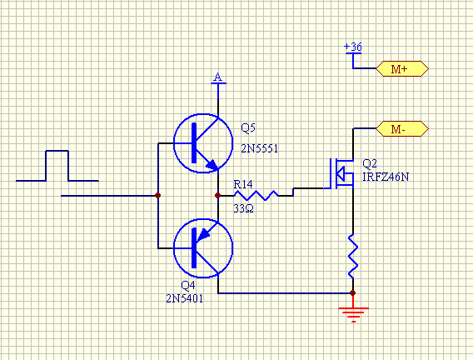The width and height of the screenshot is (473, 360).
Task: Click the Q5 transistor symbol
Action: coord(203,143)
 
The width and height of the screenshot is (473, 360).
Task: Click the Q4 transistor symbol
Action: coord(203,248)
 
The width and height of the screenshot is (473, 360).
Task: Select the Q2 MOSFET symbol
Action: coord(341,174)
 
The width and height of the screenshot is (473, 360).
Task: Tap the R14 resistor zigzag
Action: coord(256,196)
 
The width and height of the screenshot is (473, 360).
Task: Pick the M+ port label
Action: coord(402,69)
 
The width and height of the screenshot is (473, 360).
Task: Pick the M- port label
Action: coord(402,129)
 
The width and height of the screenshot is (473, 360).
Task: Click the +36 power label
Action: coord(353,47)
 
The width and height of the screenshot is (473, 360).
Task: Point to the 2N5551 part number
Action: coord(259,148)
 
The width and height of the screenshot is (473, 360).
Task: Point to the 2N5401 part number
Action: coord(185,298)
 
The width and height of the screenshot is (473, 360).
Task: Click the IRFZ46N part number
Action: coord(386,177)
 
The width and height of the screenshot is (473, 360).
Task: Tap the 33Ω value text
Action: coord(243,208)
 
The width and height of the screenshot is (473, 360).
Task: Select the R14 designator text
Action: coord(243,184)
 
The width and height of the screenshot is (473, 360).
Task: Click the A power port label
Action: coord(218,77)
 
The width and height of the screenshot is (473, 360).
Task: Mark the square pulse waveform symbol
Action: coord(57,166)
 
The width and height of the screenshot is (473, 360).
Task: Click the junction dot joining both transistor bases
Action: coord(157,196)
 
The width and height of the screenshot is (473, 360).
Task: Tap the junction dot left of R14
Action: coord(218,196)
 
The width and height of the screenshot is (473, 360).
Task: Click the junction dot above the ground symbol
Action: coord(353,292)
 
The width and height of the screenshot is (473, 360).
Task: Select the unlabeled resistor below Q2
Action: coord(353,256)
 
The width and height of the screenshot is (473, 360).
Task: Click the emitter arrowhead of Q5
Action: coord(212,165)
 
